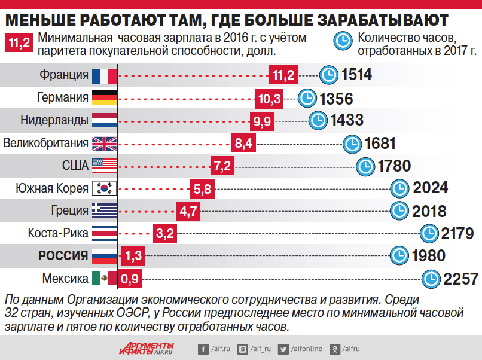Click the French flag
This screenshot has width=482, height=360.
(105, 75)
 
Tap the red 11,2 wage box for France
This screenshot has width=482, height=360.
(283, 75)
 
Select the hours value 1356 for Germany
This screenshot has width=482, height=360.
(336, 98)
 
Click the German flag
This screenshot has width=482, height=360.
(105, 97)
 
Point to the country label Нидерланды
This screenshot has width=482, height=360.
(54, 120)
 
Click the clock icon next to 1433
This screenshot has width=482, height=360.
(317, 120)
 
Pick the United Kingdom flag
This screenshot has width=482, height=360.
(105, 143)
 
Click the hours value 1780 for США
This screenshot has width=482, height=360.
(395, 166)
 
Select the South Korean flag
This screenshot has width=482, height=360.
(105, 188)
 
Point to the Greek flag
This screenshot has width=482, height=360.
(105, 210)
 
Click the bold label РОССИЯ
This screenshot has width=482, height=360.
(63, 255)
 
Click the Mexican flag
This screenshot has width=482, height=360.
(105, 278)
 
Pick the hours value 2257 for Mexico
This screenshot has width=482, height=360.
(461, 279)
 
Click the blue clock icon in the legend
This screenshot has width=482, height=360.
(343, 42)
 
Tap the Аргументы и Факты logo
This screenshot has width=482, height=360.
(146, 347)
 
